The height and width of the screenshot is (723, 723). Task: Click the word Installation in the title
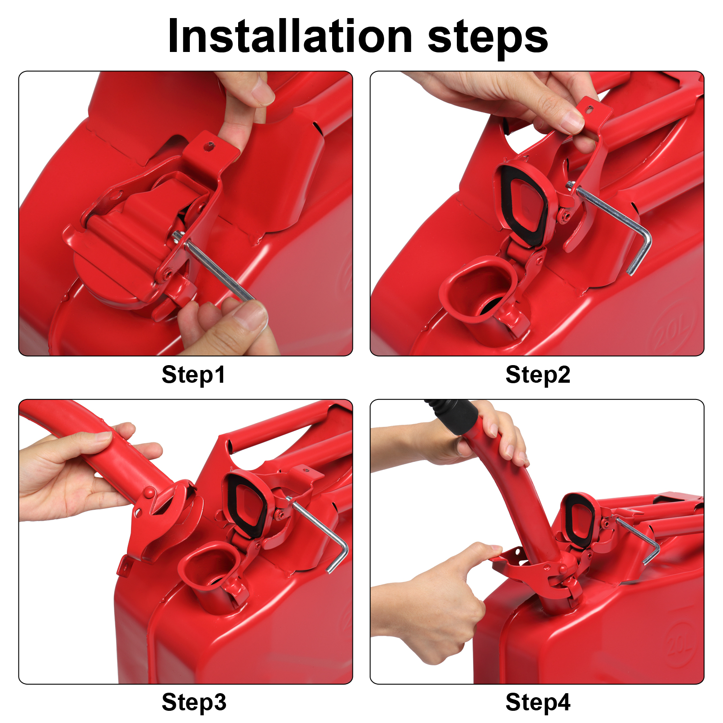(x=289, y=37)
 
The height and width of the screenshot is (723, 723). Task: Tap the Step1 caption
(x=193, y=375)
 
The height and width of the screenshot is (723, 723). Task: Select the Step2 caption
(x=538, y=375)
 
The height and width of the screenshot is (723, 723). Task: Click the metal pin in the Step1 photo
(x=217, y=269)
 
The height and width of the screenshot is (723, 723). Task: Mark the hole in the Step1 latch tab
(x=210, y=146)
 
